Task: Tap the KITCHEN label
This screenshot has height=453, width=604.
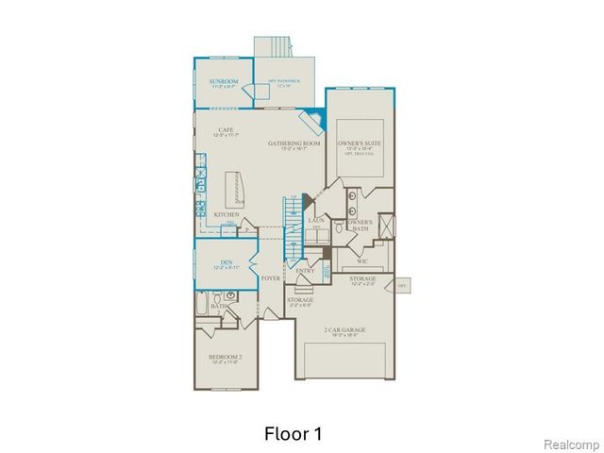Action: coord(225,216)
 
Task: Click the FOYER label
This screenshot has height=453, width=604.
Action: coord(271,279)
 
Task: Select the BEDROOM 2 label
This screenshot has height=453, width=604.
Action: coord(226,357)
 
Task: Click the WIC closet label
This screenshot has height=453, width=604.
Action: coord(361,261)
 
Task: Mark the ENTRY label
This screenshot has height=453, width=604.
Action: coord(305,271)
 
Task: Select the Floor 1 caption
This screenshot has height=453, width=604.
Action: coord(292,434)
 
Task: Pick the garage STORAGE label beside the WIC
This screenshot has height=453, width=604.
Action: coord(362,279)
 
